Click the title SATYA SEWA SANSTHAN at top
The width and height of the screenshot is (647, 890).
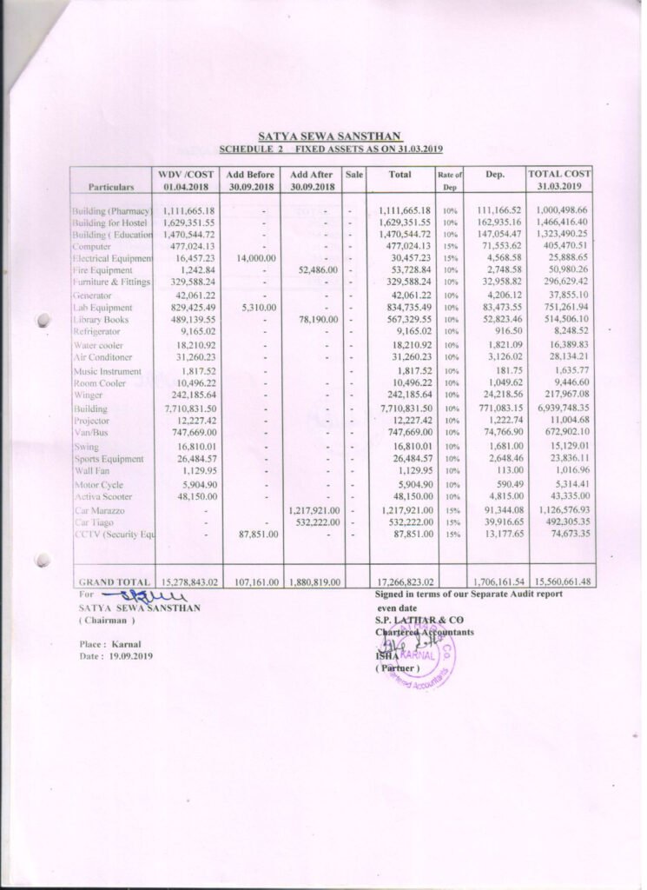[330, 136]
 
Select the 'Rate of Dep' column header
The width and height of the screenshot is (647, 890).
[449, 181]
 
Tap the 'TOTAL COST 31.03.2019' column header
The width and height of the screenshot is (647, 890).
[559, 180]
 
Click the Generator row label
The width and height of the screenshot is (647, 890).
[92, 296]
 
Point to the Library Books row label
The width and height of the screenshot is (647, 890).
[101, 320]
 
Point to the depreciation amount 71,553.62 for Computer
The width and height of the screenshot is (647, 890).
[498, 247]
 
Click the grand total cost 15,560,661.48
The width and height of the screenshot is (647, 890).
[559, 581]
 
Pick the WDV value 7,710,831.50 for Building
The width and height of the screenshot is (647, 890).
[188, 408]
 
